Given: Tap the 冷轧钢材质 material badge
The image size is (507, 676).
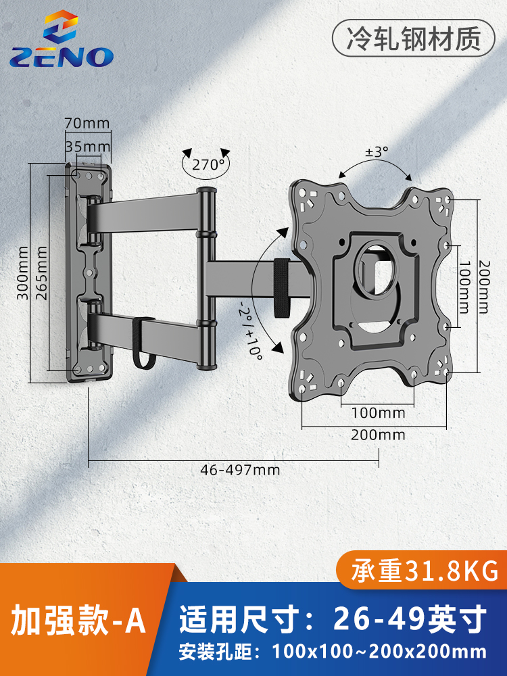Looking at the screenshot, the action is click(x=414, y=39).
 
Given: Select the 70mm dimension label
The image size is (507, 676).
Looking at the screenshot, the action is click(x=87, y=123).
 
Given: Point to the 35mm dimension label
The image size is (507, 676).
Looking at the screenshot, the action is click(x=87, y=147).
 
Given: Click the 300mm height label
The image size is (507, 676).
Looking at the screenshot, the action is click(x=22, y=273).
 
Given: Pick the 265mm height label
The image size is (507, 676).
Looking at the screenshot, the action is click(x=41, y=273).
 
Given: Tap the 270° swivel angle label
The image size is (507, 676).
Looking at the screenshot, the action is click(x=208, y=164).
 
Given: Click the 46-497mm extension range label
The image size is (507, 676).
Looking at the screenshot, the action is click(x=240, y=470).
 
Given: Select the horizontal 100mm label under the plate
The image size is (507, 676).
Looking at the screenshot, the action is click(x=378, y=412).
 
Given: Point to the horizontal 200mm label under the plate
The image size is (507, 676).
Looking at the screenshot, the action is click(x=378, y=435).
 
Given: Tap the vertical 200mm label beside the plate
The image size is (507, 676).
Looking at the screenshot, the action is click(x=484, y=287).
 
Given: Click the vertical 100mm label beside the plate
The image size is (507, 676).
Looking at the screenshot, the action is click(x=464, y=287).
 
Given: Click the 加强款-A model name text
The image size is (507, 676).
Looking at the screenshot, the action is click(x=78, y=621).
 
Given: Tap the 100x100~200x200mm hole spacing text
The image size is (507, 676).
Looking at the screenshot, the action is click(x=379, y=652).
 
